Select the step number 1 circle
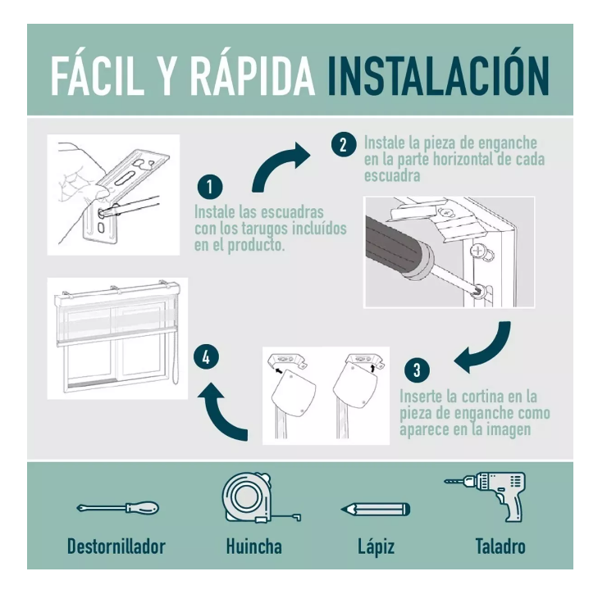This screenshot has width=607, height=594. pos(210,187)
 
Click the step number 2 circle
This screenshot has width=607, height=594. pos(344,144)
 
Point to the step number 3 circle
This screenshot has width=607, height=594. pos(417,370)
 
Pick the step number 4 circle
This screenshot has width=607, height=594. pos(206,356)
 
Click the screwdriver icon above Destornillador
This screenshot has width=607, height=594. pos(117,507)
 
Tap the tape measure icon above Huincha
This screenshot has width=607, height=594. pos(258,498)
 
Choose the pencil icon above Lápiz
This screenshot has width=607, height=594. pos(375,509)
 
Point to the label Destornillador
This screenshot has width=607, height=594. pos(116,546)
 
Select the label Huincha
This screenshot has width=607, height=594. pos(254,546)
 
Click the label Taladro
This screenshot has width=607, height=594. pos(500,546)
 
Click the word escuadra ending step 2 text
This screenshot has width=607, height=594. pos(392,176)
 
